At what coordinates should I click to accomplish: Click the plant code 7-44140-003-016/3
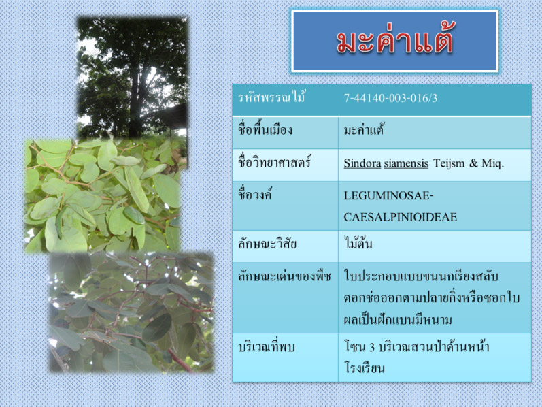(390, 98)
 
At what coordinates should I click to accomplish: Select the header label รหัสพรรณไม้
(271, 97)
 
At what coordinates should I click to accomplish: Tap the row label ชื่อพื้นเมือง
(265, 129)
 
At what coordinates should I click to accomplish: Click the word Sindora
(362, 163)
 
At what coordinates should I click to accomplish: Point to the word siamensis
(406, 163)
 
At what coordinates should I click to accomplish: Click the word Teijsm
(449, 163)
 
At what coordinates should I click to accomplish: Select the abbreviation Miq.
(493, 163)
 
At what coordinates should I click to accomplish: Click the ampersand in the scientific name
(473, 163)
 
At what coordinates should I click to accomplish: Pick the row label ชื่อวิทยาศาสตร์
(274, 162)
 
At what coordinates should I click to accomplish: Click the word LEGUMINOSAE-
(388, 195)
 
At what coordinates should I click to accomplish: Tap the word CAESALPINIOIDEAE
(401, 217)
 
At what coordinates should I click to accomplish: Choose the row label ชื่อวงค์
(255, 195)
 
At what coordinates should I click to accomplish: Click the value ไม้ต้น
(358, 242)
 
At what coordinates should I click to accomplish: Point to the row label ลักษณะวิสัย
(267, 244)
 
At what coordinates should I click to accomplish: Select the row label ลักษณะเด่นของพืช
(284, 276)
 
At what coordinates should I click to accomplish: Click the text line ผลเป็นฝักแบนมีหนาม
(398, 319)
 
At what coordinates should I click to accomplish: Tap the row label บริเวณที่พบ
(267, 346)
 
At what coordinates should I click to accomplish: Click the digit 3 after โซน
(372, 347)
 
